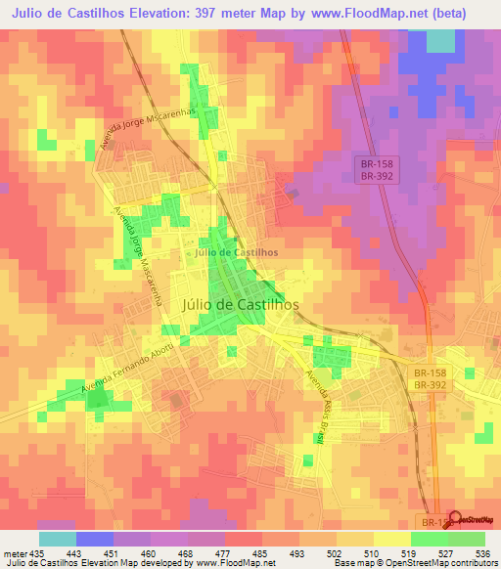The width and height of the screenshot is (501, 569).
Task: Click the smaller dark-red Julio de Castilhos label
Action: pyautogui.click(x=237, y=252)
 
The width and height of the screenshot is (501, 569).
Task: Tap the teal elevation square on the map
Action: pyautogui.click(x=441, y=39)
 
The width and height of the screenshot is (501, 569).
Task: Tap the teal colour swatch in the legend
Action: pyautogui.click(x=57, y=538)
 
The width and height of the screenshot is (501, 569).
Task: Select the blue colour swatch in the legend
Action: pyautogui.click(x=94, y=538)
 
